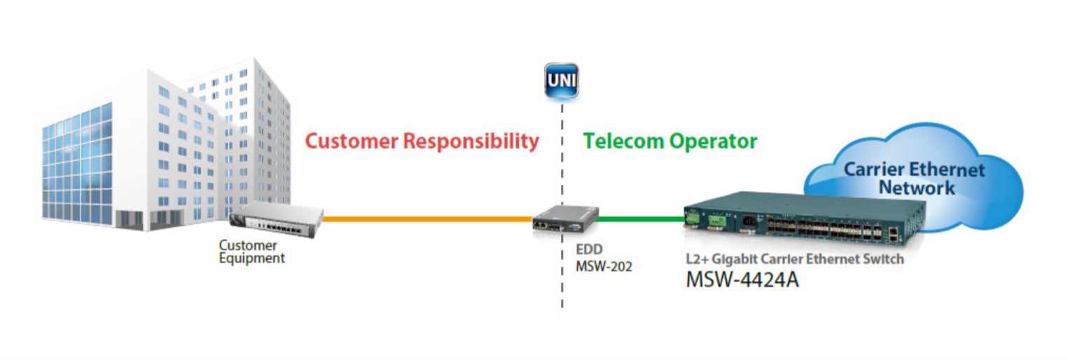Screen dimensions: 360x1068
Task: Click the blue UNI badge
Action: click(561, 80)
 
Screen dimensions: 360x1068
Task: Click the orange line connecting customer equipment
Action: click(427, 219)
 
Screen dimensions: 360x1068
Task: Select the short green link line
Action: click(637, 219)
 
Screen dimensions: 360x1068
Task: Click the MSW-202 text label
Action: click(603, 266)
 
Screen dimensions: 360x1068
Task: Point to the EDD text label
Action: click(588, 249)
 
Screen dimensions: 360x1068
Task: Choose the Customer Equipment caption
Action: click(252, 252)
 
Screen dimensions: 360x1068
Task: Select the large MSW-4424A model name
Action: click(742, 279)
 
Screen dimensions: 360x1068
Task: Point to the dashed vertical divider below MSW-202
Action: click(562, 291)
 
